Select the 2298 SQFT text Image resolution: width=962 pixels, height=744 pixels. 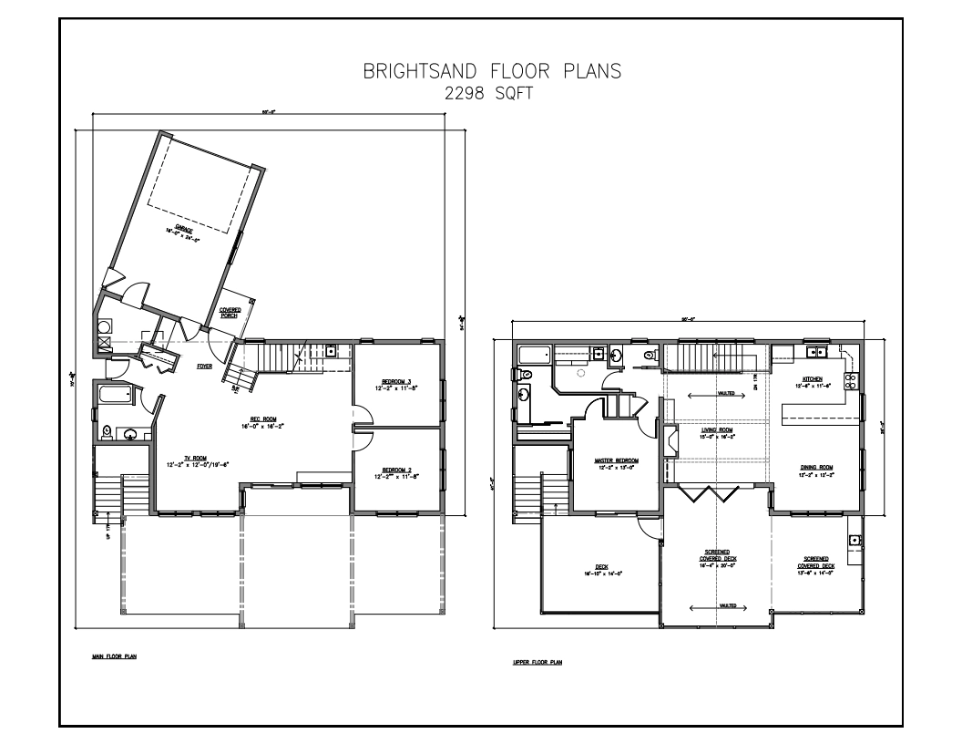pyautogui.click(x=480, y=93)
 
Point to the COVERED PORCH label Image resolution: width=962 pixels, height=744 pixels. pyautogui.click(x=230, y=313)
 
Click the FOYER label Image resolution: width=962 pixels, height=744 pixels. pyautogui.click(x=206, y=366)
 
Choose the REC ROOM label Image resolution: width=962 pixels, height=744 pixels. pyautogui.click(x=251, y=422)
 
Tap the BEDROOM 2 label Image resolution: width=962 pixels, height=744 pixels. pyautogui.click(x=397, y=470)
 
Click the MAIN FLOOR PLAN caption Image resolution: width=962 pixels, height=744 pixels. pyautogui.click(x=107, y=654)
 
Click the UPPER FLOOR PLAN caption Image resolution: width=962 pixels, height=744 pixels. pyautogui.click(x=537, y=662)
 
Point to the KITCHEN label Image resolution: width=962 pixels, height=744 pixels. pyautogui.click(x=813, y=378)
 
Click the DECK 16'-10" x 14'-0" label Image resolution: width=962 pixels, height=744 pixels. pyautogui.click(x=601, y=570)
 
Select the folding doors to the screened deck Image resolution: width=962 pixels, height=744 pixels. pyautogui.click(x=716, y=492)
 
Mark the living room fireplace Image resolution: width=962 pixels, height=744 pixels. pyautogui.click(x=671, y=443)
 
